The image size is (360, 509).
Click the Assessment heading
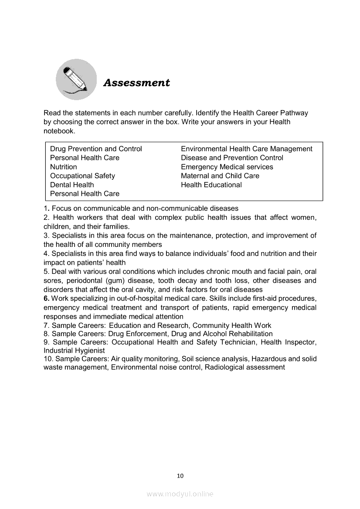tap(136, 83)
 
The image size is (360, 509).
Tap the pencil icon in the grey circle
tap(76, 79)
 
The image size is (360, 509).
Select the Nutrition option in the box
tap(64, 167)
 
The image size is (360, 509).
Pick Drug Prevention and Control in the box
tap(96, 149)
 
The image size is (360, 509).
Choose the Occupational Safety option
tap(82, 176)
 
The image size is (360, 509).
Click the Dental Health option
tap(72, 185)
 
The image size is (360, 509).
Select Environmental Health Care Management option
tap(246, 149)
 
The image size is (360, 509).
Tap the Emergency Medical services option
tap(227, 167)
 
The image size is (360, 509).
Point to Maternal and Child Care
tap(220, 176)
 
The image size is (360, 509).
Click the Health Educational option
tap(211, 185)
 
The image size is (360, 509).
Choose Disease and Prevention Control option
tap(232, 158)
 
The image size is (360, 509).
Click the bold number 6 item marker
tap(46, 298)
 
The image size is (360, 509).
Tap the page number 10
tap(180, 476)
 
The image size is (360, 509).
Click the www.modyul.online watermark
tap(180, 494)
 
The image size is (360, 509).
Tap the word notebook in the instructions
tap(59, 131)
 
